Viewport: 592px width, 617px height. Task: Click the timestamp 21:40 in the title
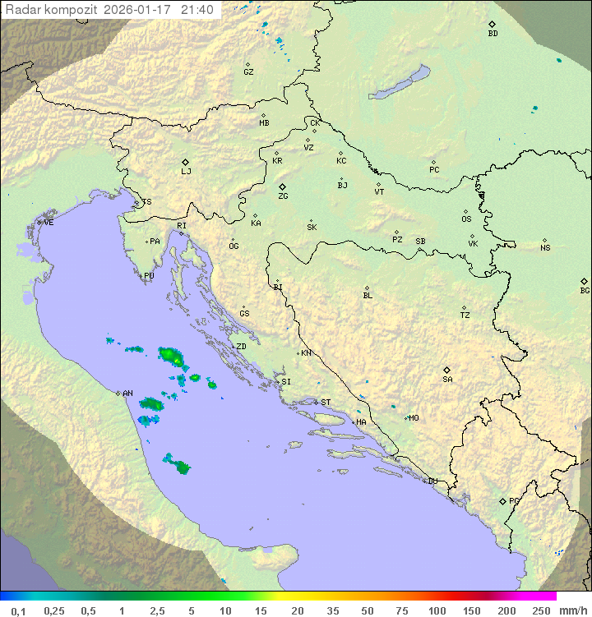point(197,10)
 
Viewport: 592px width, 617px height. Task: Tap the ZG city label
point(283,196)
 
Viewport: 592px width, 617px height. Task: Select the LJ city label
point(186,171)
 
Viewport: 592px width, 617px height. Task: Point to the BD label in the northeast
point(493,34)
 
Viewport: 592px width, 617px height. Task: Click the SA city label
point(447,379)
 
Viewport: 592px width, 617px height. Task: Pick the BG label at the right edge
point(585,290)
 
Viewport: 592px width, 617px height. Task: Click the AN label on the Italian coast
point(127,394)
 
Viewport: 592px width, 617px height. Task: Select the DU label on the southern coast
point(432,481)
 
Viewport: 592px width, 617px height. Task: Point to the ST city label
point(326,403)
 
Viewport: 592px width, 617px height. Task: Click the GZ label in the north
point(248,72)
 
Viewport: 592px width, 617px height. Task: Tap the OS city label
point(466,219)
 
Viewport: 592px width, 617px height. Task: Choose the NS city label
point(545,248)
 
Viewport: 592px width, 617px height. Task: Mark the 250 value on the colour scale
point(541,610)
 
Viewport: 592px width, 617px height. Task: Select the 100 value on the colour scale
point(437,610)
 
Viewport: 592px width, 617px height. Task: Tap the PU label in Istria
point(149,276)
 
